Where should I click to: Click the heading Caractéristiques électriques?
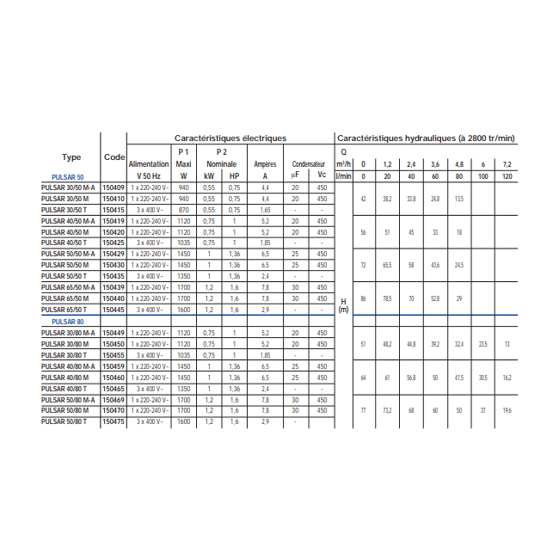point(230,138)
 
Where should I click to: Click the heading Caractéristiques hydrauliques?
point(425,138)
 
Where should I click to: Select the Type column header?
point(71,157)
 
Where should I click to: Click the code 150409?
point(114,187)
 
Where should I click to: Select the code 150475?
point(114,421)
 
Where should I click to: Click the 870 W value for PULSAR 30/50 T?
point(183,209)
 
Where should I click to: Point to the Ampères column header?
point(265,163)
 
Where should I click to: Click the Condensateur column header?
point(308,163)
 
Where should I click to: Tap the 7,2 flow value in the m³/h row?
point(507,163)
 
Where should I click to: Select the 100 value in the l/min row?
point(482,175)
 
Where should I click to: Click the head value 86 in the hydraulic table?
point(363,298)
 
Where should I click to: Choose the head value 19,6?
point(507,410)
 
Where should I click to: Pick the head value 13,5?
point(459,199)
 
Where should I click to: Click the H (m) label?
point(343,305)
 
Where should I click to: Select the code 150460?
point(114,377)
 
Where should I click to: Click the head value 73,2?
point(387,410)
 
